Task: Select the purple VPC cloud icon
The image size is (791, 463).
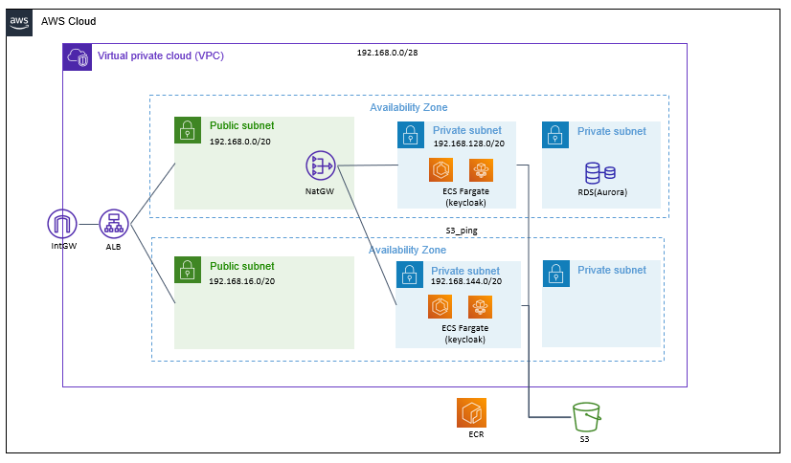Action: pyautogui.click(x=78, y=57)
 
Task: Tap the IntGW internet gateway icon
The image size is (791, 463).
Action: pyautogui.click(x=62, y=226)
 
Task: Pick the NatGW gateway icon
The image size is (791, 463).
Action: pyautogui.click(x=321, y=166)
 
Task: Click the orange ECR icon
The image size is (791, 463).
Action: pyautogui.click(x=472, y=412)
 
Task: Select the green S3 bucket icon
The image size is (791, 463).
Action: pyautogui.click(x=585, y=417)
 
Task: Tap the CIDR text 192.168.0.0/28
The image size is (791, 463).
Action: pyautogui.click(x=387, y=53)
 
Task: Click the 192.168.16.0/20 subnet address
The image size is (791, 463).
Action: pyautogui.click(x=241, y=282)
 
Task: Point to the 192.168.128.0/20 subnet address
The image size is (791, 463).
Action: pyautogui.click(x=468, y=143)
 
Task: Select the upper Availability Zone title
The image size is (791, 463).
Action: pyautogui.click(x=409, y=108)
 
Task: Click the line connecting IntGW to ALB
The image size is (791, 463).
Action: pyautogui.click(x=88, y=226)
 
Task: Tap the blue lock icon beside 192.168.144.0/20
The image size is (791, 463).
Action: pyautogui.click(x=409, y=276)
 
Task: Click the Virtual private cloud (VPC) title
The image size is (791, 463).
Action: pyautogui.click(x=161, y=56)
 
